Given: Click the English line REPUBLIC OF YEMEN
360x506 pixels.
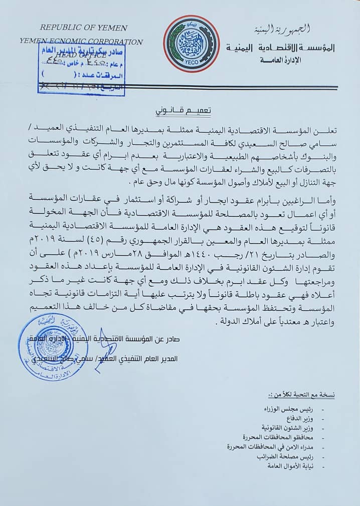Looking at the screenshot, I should click(84, 28).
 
